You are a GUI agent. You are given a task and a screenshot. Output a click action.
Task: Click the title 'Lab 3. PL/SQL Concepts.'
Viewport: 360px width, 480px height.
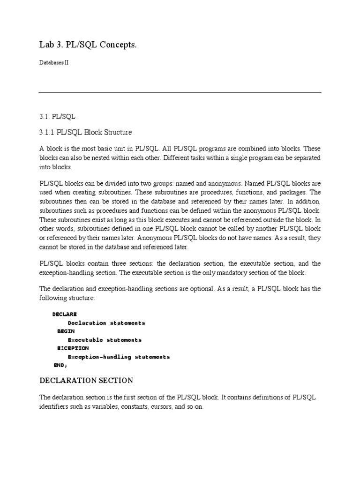coord(89,45)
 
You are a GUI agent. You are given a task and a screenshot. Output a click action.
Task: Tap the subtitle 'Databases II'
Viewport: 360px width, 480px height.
coord(54,63)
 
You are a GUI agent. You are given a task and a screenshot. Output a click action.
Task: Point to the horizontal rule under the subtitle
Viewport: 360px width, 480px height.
coord(180,92)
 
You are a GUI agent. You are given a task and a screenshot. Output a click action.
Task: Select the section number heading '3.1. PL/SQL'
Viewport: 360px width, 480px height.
coord(57,116)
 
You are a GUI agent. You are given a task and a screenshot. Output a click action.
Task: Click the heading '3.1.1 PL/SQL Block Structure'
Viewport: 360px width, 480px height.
coord(85,132)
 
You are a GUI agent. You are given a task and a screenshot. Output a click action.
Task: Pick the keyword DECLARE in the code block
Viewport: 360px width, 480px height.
coord(65,314)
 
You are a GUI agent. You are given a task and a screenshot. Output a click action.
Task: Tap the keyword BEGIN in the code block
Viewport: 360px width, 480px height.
coord(66,331)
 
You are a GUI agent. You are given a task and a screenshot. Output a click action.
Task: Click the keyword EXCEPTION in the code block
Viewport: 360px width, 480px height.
coord(73,348)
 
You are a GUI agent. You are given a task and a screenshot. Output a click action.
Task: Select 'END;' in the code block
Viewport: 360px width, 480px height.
coord(61,365)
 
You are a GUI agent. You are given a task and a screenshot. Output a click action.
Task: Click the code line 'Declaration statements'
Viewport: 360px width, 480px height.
coord(106,323)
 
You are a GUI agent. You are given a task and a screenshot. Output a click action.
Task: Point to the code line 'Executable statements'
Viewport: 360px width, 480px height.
coord(105,340)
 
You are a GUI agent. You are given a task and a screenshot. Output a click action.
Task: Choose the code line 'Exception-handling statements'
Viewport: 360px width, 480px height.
coord(119,357)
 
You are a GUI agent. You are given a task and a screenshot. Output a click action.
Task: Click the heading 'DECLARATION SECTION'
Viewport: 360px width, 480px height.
coord(86,380)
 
